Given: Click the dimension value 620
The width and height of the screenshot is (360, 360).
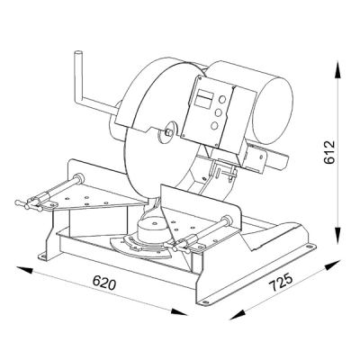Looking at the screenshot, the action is tap(103, 283).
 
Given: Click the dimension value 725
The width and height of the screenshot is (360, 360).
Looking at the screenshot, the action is tap(280, 282).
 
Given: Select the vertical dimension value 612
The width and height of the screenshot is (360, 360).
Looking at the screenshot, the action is tap(329, 152).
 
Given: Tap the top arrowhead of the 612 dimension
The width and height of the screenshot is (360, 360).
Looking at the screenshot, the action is tap(338, 69).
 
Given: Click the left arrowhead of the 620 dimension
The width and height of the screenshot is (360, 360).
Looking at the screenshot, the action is tap(24, 269).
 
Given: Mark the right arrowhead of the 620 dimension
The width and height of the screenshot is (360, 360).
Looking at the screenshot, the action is tap(179, 312).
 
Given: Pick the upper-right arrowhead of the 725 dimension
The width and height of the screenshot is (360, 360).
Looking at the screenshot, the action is tap(333, 265).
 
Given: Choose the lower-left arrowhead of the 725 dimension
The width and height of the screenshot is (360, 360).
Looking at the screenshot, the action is tap(237, 315).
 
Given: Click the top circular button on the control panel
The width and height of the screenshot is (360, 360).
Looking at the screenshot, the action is tap(222, 99).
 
